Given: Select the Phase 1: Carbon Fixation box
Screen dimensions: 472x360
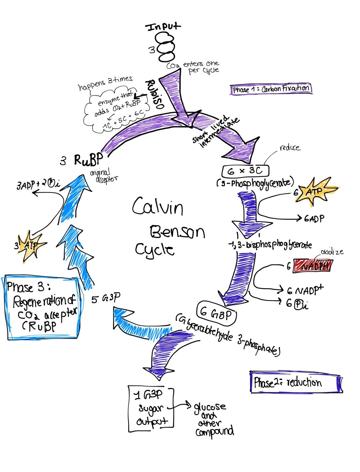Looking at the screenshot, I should (271, 89).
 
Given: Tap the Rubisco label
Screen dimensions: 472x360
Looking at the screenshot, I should (154, 93).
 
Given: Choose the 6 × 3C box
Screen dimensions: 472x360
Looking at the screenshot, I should (245, 171).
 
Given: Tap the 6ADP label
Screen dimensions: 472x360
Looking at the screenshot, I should (314, 219).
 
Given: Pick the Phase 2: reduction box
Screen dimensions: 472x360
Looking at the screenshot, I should (296, 382).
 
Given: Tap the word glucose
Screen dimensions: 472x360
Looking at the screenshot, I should (210, 407).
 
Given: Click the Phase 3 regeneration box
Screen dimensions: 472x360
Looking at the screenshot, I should (44, 307).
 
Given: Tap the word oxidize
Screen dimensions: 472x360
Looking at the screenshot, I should (332, 252).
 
